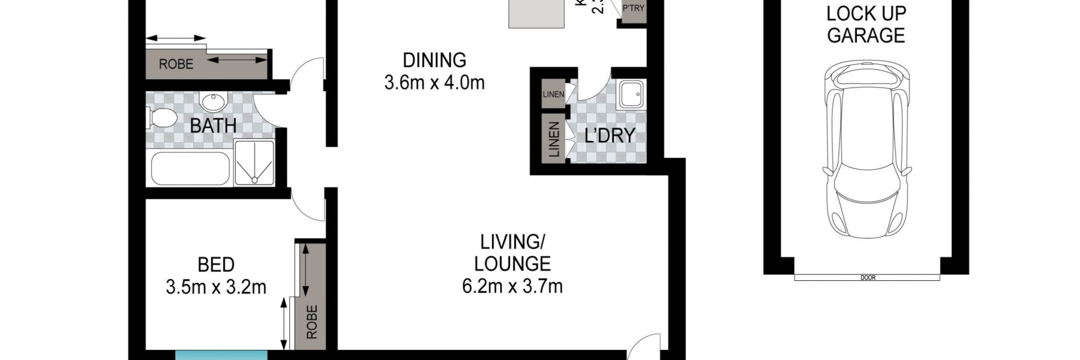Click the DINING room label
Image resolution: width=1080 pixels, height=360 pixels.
434,60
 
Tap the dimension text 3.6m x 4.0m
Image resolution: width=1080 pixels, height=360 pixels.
434,82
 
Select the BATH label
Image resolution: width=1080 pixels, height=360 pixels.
213,126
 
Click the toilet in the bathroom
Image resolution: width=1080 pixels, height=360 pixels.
161,118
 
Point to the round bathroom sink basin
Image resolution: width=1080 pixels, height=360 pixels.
212,102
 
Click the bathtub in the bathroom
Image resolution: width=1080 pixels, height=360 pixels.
190,169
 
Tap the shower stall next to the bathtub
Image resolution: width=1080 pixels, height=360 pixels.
254,163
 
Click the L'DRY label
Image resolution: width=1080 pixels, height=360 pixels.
610,136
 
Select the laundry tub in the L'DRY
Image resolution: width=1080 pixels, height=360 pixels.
631,95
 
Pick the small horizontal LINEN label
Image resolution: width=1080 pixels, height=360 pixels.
553,94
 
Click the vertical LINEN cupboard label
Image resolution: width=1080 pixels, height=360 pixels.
554,139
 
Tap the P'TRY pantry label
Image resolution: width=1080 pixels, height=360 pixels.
633,8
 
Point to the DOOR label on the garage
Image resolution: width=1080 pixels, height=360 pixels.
868,278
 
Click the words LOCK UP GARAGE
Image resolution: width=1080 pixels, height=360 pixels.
866,24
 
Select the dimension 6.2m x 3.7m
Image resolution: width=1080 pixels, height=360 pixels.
512,286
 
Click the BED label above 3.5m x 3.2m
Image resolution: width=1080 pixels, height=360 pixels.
216,265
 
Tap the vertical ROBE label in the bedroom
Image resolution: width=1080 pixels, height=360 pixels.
311,322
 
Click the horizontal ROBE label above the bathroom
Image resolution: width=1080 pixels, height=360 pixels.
176,64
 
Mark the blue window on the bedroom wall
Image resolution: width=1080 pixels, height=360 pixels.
221,355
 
